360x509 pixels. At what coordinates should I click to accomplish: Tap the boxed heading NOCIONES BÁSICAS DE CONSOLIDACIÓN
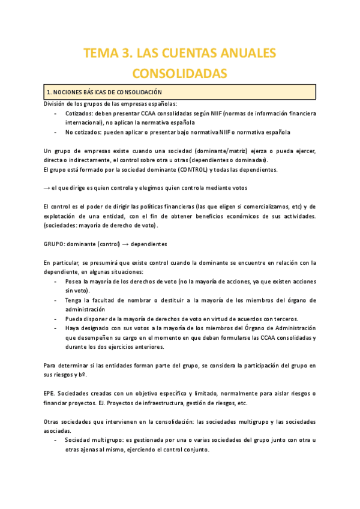tap(104, 92)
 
